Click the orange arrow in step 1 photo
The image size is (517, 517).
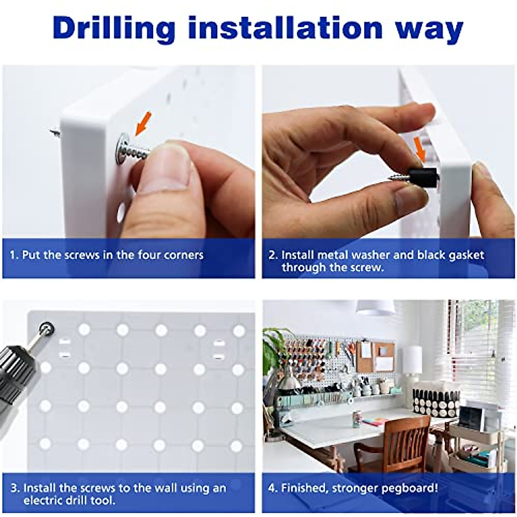pyautogui.click(x=142, y=123)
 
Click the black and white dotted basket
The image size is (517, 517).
pyautogui.click(x=435, y=401)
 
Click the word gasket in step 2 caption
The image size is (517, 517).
pyautogui.click(x=465, y=255)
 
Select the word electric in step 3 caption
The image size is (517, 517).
pyautogui.click(x=45, y=501)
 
